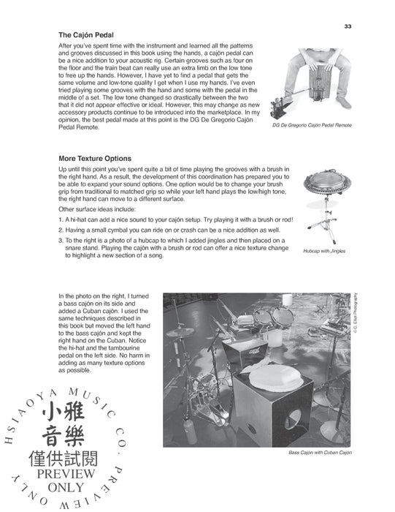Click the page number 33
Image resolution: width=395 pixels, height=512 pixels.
[x=348, y=27]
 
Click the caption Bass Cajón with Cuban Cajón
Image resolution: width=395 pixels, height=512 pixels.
[x=320, y=453]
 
